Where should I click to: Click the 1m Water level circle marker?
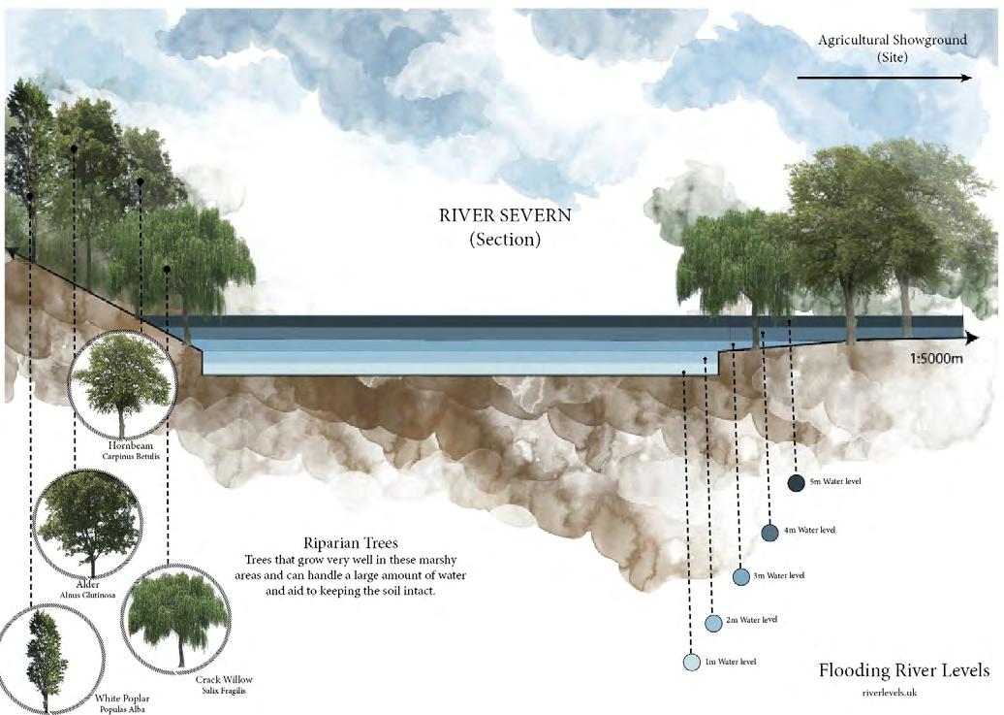[691, 663]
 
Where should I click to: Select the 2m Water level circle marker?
[714, 623]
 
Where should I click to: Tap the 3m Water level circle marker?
[741, 576]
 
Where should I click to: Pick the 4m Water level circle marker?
[769, 533]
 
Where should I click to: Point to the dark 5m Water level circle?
[797, 483]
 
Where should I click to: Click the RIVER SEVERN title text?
[505, 215]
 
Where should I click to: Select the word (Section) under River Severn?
[505, 240]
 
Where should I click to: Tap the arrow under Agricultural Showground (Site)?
[884, 78]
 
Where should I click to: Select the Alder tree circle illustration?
[87, 522]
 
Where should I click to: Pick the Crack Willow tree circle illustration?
[177, 618]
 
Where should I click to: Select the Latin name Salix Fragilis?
[224, 693]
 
